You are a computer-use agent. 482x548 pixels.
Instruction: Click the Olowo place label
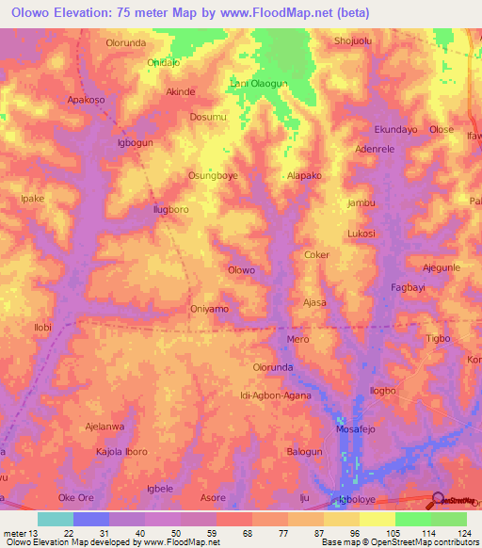pos(242,270)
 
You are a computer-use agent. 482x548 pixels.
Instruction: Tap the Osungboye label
pos(213,176)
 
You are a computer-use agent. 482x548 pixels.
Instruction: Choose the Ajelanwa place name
pos(105,426)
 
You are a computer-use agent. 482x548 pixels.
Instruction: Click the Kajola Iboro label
pos(120,452)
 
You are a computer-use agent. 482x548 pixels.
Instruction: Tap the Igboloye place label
pos(360,499)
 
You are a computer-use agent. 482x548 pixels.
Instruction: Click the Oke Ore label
pos(77,497)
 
